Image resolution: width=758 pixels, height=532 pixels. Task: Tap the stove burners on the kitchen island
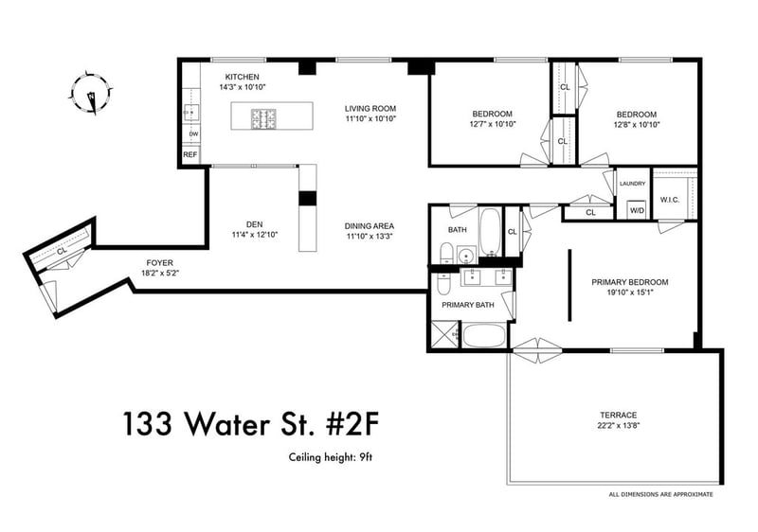pos(264,118)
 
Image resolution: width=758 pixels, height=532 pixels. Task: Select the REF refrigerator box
pos(190,155)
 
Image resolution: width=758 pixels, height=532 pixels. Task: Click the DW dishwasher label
pos(193,133)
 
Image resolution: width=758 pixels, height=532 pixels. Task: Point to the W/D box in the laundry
pos(638,210)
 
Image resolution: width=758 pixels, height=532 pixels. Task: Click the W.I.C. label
pos(670,200)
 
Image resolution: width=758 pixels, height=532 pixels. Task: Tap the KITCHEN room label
pos(243,77)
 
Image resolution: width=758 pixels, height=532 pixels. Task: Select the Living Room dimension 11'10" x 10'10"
pos(370,118)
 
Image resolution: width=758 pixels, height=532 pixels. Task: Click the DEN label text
pos(254,224)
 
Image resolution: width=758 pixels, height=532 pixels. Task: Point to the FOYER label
pos(159,263)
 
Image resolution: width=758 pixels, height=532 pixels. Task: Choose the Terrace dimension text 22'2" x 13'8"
pos(619,426)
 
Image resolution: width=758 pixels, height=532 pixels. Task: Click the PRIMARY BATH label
pos(468,305)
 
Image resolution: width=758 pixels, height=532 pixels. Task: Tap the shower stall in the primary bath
pos(443,334)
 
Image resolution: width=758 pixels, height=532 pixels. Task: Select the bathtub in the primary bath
pos(484,335)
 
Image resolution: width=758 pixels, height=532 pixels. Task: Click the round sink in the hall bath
pos(467,255)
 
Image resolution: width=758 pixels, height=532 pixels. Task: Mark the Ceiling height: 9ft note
pos(331,457)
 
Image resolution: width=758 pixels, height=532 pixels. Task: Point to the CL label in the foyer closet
pos(61,252)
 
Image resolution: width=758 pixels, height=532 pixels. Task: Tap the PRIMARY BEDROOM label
pos(630,282)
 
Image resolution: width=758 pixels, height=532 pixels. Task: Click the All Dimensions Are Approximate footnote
pos(660,494)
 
